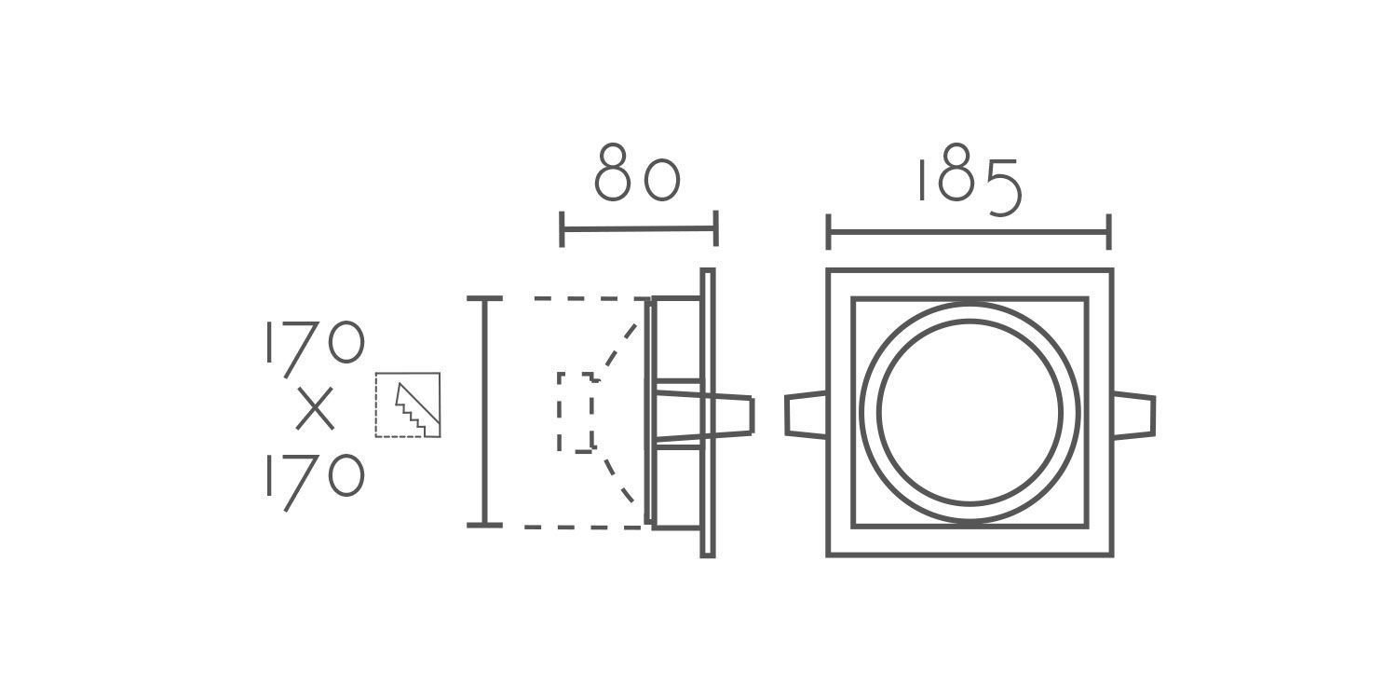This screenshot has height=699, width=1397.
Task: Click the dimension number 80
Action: point(637,171)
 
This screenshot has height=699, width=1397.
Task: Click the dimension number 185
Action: point(970,180)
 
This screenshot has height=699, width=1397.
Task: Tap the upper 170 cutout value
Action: point(315,349)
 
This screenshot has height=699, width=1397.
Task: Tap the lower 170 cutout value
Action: point(315,483)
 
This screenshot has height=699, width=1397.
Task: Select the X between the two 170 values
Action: point(315,409)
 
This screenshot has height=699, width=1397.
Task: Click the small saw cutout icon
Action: point(408,405)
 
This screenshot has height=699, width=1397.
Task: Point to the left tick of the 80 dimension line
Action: point(562,229)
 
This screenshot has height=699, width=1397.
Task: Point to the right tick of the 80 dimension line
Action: point(716,228)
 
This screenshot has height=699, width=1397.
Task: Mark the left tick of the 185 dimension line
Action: point(828,232)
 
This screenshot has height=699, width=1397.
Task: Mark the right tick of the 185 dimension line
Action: point(1109,232)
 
